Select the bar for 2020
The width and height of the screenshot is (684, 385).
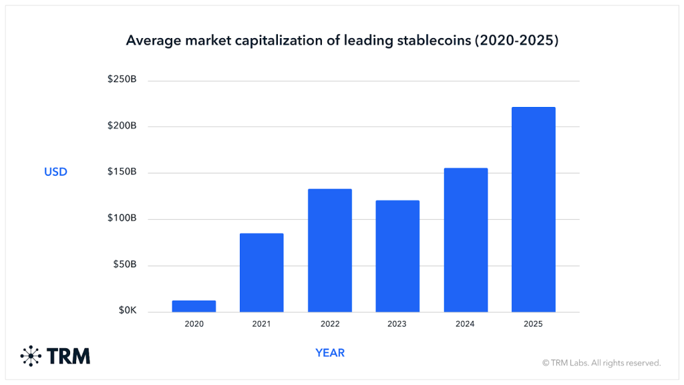point(194,306)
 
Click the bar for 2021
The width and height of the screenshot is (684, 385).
point(261,273)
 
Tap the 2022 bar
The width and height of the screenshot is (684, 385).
point(329,251)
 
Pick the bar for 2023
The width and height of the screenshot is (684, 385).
point(397,256)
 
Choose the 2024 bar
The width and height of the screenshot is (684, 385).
point(466,240)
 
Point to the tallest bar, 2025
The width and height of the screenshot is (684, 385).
point(533,209)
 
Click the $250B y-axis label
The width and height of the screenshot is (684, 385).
point(122,80)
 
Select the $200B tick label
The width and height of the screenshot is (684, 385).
point(122,126)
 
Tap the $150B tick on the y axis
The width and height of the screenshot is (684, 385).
point(122,172)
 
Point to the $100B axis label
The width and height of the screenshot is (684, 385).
point(122,219)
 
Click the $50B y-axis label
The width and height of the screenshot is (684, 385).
point(124,265)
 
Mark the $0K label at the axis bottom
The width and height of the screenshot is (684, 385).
point(127,311)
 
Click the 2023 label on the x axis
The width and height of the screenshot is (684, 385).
point(397,324)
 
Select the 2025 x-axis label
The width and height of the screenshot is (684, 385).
point(533,324)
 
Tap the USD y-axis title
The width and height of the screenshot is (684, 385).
point(55,172)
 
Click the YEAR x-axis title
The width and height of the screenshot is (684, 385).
point(330,352)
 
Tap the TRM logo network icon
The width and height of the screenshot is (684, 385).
point(31,356)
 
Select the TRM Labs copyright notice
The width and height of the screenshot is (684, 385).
point(601,363)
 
